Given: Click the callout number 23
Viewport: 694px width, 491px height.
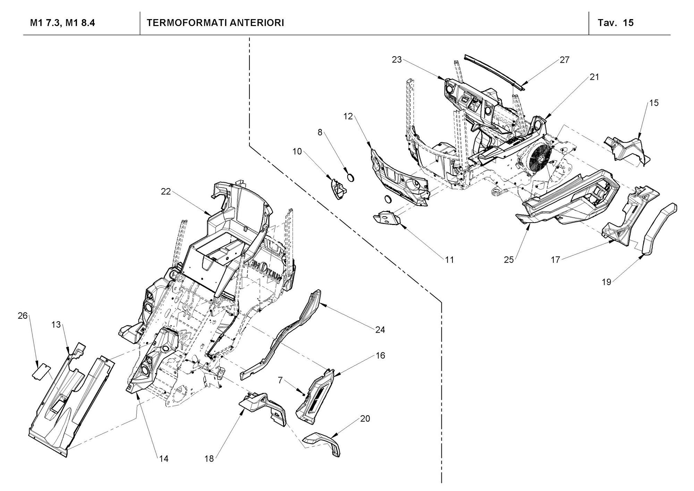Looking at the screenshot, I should point(397,60).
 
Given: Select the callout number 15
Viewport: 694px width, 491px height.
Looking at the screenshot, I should point(654,103).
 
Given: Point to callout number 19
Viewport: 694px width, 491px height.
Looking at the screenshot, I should point(606,282).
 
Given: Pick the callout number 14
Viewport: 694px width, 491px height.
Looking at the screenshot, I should point(164,459).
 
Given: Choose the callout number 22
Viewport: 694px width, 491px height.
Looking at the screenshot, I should point(166,191).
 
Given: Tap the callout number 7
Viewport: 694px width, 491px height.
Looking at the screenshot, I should point(280,380).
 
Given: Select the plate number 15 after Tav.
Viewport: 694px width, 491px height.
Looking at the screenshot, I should point(628,23).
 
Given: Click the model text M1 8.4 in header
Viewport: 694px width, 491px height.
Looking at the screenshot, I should point(80,23).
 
